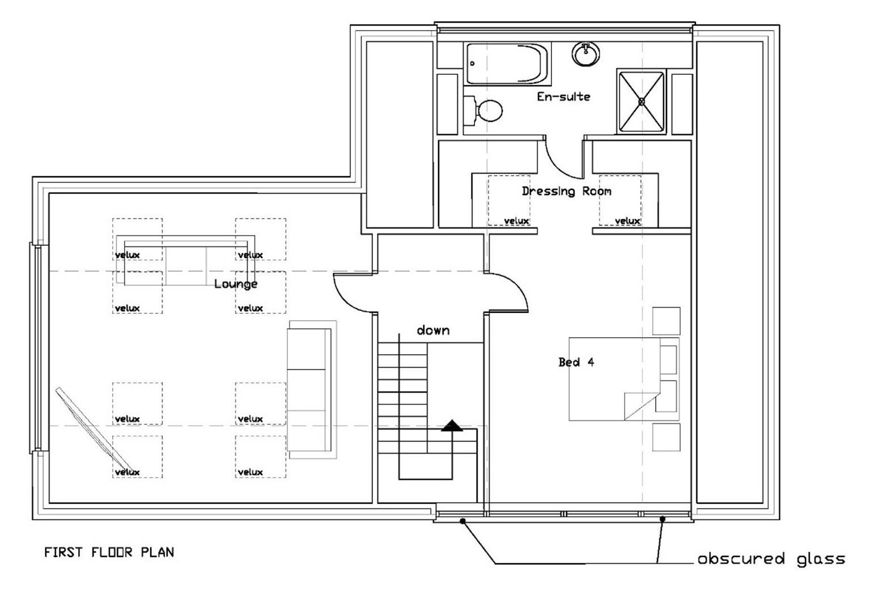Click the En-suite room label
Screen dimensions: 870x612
[563, 97]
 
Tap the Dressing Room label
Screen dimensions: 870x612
[567, 191]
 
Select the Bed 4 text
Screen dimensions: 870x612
[576, 362]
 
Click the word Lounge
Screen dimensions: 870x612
[236, 284]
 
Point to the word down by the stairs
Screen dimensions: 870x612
[433, 330]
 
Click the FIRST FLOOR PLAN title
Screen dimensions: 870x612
[109, 552]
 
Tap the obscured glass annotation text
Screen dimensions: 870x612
[771, 559]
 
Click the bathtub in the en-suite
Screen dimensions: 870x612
[507, 64]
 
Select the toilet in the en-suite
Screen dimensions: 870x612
[483, 110]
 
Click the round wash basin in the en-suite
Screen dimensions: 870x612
[585, 54]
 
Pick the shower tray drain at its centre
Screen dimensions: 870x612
[642, 101]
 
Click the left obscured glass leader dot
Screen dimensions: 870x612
[462, 521]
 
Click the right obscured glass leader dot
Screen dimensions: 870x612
[663, 519]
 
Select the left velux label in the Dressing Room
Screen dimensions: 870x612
[516, 221]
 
